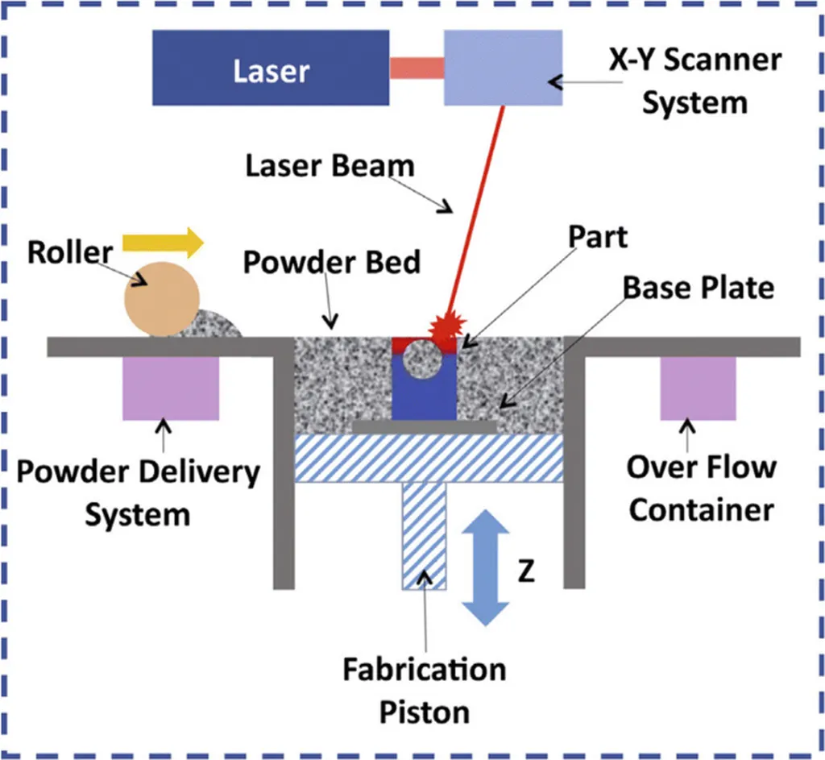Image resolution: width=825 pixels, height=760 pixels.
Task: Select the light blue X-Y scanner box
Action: pyautogui.click(x=504, y=68)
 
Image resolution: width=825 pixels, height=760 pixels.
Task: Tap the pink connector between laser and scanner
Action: pyautogui.click(x=417, y=68)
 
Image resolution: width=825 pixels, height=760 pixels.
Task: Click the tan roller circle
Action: pyautogui.click(x=162, y=297)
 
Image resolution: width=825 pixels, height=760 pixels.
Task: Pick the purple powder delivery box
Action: pyautogui.click(x=171, y=388)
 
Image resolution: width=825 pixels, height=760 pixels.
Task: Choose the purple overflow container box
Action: pyautogui.click(x=698, y=388)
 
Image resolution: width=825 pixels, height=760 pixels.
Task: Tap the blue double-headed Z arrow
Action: pyautogui.click(x=486, y=568)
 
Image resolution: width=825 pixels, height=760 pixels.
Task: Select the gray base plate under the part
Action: pyautogui.click(x=425, y=426)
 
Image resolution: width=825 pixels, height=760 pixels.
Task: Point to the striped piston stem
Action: pyautogui.click(x=424, y=536)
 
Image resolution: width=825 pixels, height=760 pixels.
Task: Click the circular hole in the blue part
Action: pyautogui.click(x=423, y=359)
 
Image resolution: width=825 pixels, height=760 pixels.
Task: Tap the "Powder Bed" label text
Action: pyautogui.click(x=333, y=264)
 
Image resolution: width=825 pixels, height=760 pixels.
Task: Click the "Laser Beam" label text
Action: pyautogui.click(x=330, y=167)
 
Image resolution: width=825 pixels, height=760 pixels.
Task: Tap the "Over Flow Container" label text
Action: pyautogui.click(x=701, y=488)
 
